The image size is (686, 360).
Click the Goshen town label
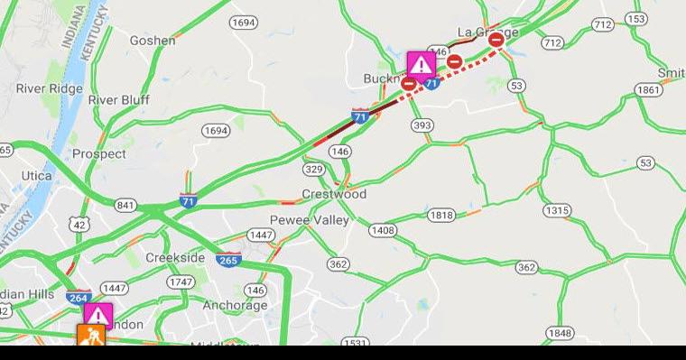pos(153,40)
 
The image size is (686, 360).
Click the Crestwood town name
pos(334,194)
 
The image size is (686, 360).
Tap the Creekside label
pos(175,257)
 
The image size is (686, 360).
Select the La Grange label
pos(487,32)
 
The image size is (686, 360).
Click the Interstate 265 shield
pos(228,260)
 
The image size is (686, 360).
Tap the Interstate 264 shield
pos(79,296)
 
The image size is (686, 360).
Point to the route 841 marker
pos(125,205)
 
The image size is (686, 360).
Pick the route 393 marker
pos(422,125)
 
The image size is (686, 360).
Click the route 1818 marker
pos(441,215)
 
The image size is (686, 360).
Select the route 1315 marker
pos(557,210)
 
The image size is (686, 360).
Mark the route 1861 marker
pos(648,89)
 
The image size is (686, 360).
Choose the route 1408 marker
pos(382,230)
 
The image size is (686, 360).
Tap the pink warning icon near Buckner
pos(421,64)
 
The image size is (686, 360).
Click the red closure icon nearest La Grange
pos(496,40)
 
